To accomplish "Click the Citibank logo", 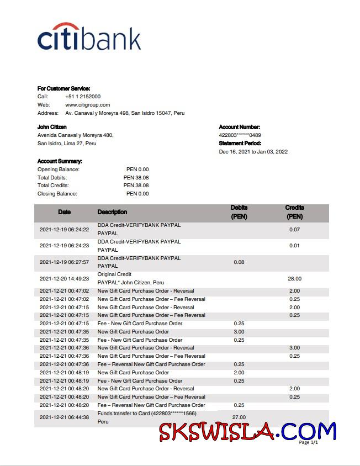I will tap(89, 37).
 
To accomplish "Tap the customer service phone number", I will tap(82, 97).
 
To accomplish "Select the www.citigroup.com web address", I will tap(87, 105).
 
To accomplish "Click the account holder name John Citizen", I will tap(52, 127).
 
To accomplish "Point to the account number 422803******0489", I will tap(240, 135).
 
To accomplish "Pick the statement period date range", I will tap(253, 152).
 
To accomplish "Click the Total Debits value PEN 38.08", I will tap(136, 178).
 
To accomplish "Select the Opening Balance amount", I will tap(137, 170).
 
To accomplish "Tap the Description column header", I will tap(112, 212).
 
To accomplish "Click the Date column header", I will tap(64, 212).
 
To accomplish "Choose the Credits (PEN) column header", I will tap(294, 212).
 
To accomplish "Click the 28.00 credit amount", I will tap(294, 279).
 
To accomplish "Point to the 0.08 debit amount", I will tap(239, 262).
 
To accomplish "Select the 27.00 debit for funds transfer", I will tap(239, 417).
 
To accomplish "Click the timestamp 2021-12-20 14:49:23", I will tap(64, 279).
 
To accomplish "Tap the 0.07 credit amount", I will tap(294, 229).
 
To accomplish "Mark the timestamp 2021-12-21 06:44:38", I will tap(64, 417).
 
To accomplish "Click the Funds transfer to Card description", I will tap(147, 414).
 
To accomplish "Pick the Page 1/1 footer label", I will tap(308, 442).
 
